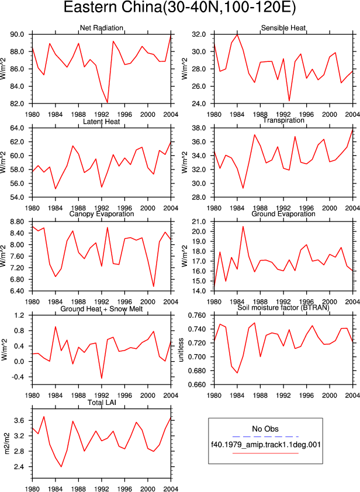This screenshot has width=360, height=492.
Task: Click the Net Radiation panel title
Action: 101,28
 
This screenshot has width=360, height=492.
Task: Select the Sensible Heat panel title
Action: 283,28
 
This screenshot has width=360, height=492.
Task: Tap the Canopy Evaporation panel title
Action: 101,214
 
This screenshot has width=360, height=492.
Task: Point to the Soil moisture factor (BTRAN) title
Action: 283,307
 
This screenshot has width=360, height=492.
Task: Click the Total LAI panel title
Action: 102,402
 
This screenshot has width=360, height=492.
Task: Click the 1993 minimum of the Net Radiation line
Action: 108,103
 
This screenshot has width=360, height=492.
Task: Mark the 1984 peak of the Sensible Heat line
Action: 237,34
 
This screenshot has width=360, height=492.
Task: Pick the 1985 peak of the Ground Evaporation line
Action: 243,226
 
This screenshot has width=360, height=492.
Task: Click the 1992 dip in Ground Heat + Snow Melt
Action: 102,378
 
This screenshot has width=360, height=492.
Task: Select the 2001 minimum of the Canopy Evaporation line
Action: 154,286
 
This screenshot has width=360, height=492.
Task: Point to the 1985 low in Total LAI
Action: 61,467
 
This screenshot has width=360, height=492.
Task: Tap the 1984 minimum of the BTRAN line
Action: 237,373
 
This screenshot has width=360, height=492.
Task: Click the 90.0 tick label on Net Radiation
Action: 18,34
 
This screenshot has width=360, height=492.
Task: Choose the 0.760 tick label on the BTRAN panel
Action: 196,316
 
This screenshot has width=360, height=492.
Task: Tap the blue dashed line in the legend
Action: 265,436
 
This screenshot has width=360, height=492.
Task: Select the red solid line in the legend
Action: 265,453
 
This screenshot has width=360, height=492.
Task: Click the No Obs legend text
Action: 265,429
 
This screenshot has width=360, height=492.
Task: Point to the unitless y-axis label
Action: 181,350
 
